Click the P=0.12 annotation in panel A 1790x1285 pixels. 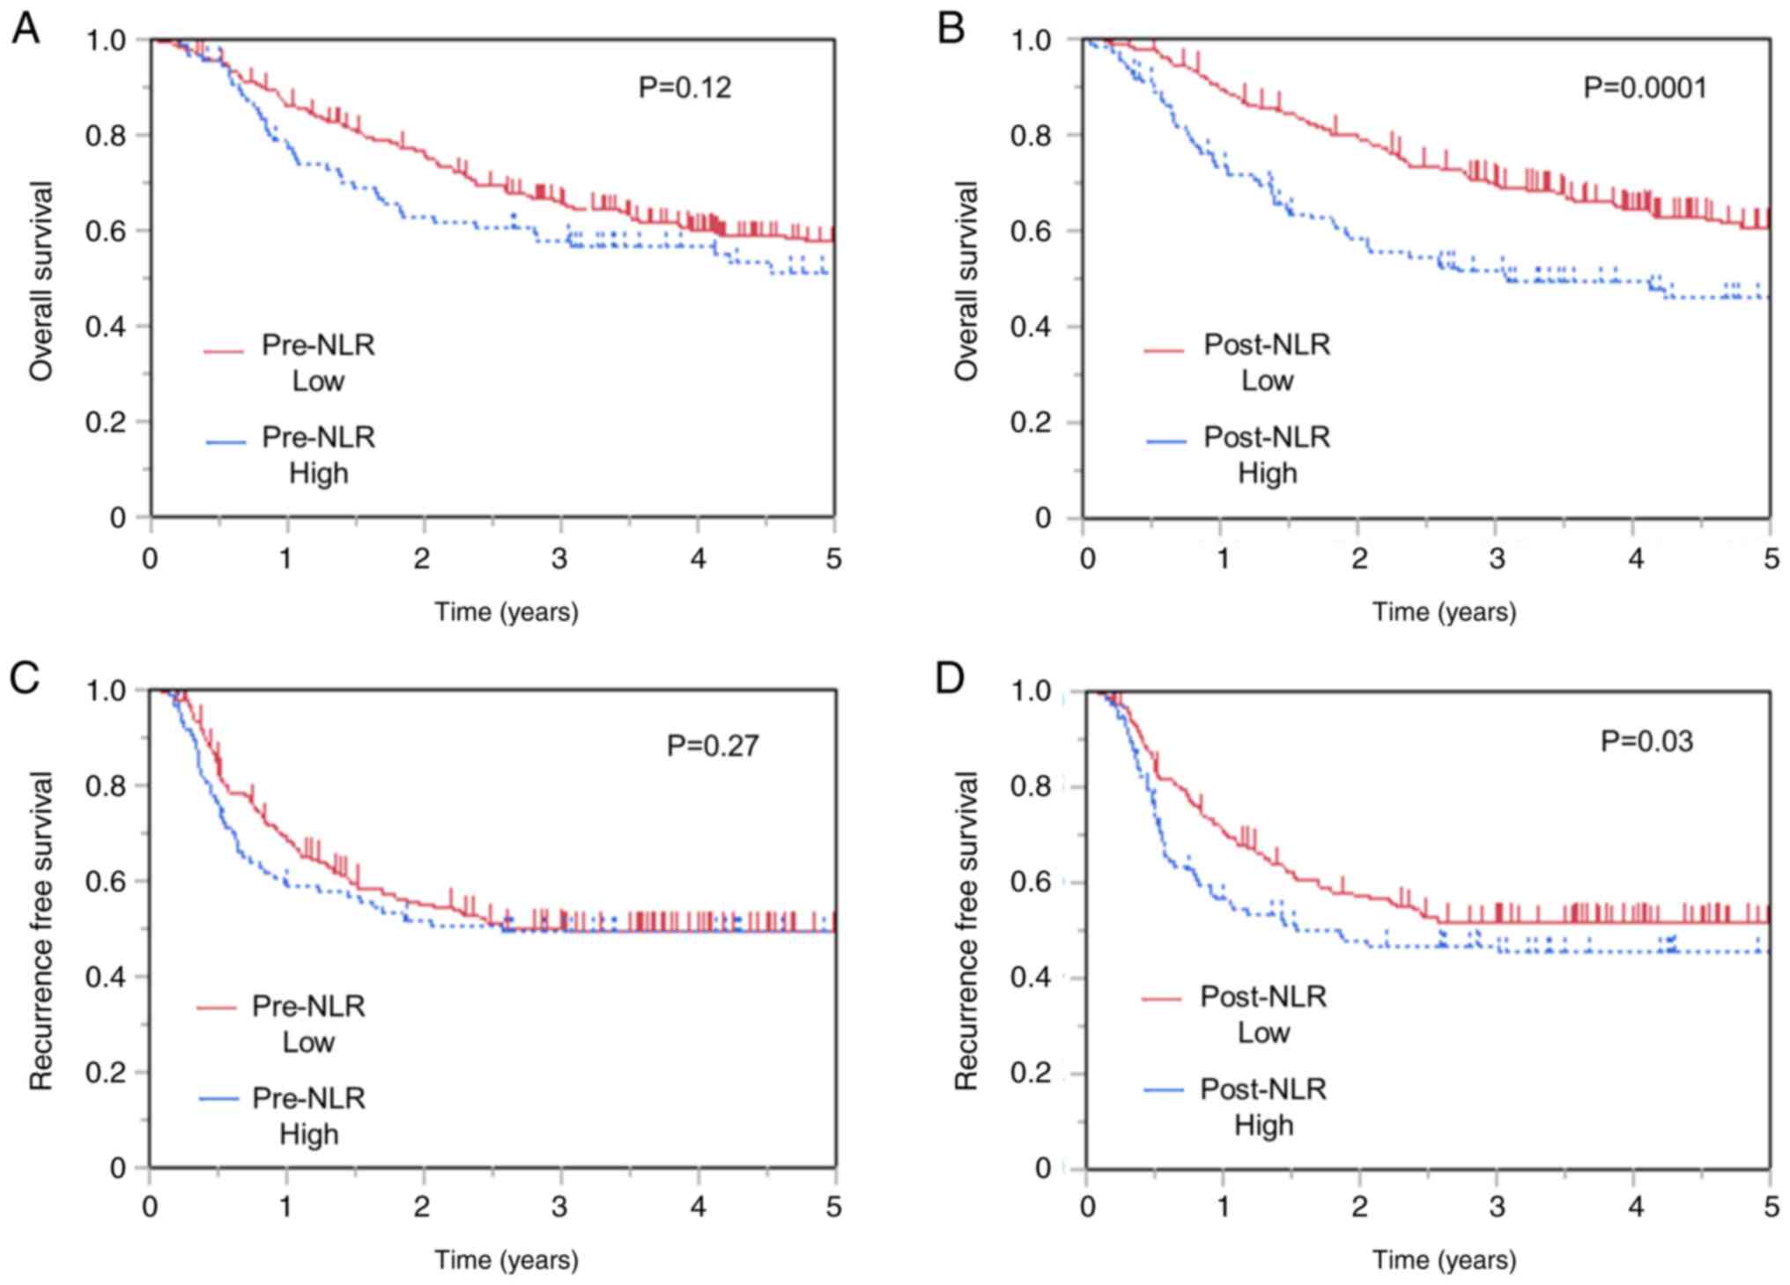tap(684, 88)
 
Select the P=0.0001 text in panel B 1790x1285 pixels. tap(1645, 88)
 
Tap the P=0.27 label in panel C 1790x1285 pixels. tap(712, 746)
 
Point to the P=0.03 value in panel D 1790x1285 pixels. tap(1646, 742)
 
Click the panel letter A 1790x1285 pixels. tap(25, 29)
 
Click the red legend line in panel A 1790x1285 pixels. tap(224, 351)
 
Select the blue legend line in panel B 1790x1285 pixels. tap(1166, 440)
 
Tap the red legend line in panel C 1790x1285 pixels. tap(217, 1008)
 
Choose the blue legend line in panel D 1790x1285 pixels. tap(1164, 1091)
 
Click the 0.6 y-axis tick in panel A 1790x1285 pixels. tap(106, 231)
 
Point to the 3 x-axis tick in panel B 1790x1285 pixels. tap(1497, 558)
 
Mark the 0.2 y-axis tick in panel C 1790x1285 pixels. tap(106, 1073)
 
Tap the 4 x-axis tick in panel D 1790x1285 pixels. tap(1635, 1206)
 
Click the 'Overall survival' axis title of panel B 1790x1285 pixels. tap(966, 281)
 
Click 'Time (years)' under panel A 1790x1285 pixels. tap(507, 611)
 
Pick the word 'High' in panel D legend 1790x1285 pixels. tap(1263, 1125)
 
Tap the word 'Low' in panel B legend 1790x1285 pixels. tap(1267, 380)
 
